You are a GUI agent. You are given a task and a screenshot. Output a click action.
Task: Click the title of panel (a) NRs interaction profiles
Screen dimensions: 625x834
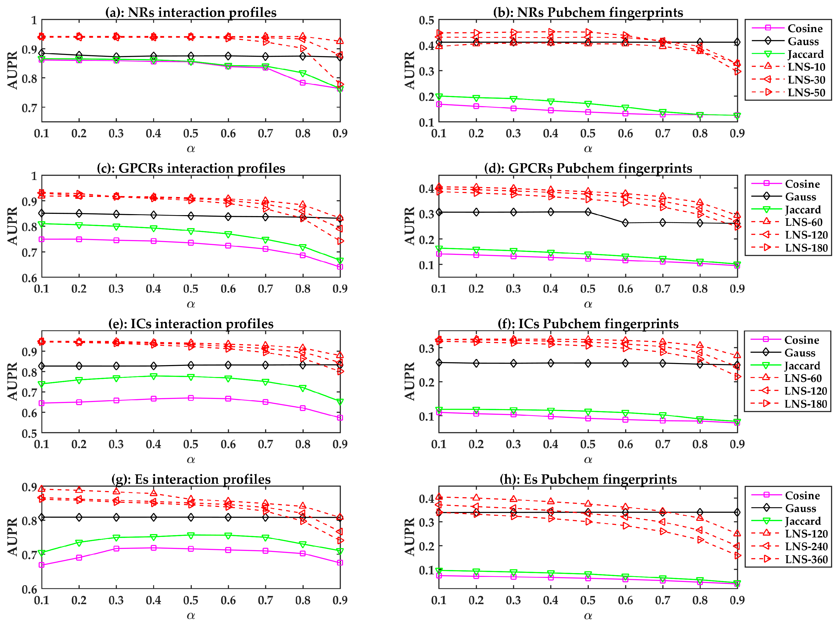click(x=191, y=12)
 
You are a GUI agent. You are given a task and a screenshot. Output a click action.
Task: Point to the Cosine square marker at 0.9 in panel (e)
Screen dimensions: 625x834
click(x=340, y=418)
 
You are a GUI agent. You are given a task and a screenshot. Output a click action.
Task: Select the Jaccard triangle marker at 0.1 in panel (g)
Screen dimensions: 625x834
click(x=42, y=553)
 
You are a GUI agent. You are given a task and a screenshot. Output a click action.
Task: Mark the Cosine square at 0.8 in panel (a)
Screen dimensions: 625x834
click(x=303, y=82)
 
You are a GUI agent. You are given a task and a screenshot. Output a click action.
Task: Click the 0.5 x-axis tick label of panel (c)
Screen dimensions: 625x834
click(x=191, y=289)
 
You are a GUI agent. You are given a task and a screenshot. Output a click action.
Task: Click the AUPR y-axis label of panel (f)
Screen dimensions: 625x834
click(x=409, y=381)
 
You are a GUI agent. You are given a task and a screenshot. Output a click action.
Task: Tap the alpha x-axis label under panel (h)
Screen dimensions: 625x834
click(x=588, y=616)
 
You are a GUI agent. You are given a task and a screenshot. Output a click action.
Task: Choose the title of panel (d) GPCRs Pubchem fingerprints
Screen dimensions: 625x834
click(x=588, y=168)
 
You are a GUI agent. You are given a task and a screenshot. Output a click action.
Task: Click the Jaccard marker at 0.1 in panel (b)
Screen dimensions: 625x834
click(x=439, y=96)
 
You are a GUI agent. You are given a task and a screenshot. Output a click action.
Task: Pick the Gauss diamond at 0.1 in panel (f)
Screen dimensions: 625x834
click(x=439, y=363)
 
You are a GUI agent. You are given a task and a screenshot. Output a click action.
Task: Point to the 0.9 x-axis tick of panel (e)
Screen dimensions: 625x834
click(x=340, y=444)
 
